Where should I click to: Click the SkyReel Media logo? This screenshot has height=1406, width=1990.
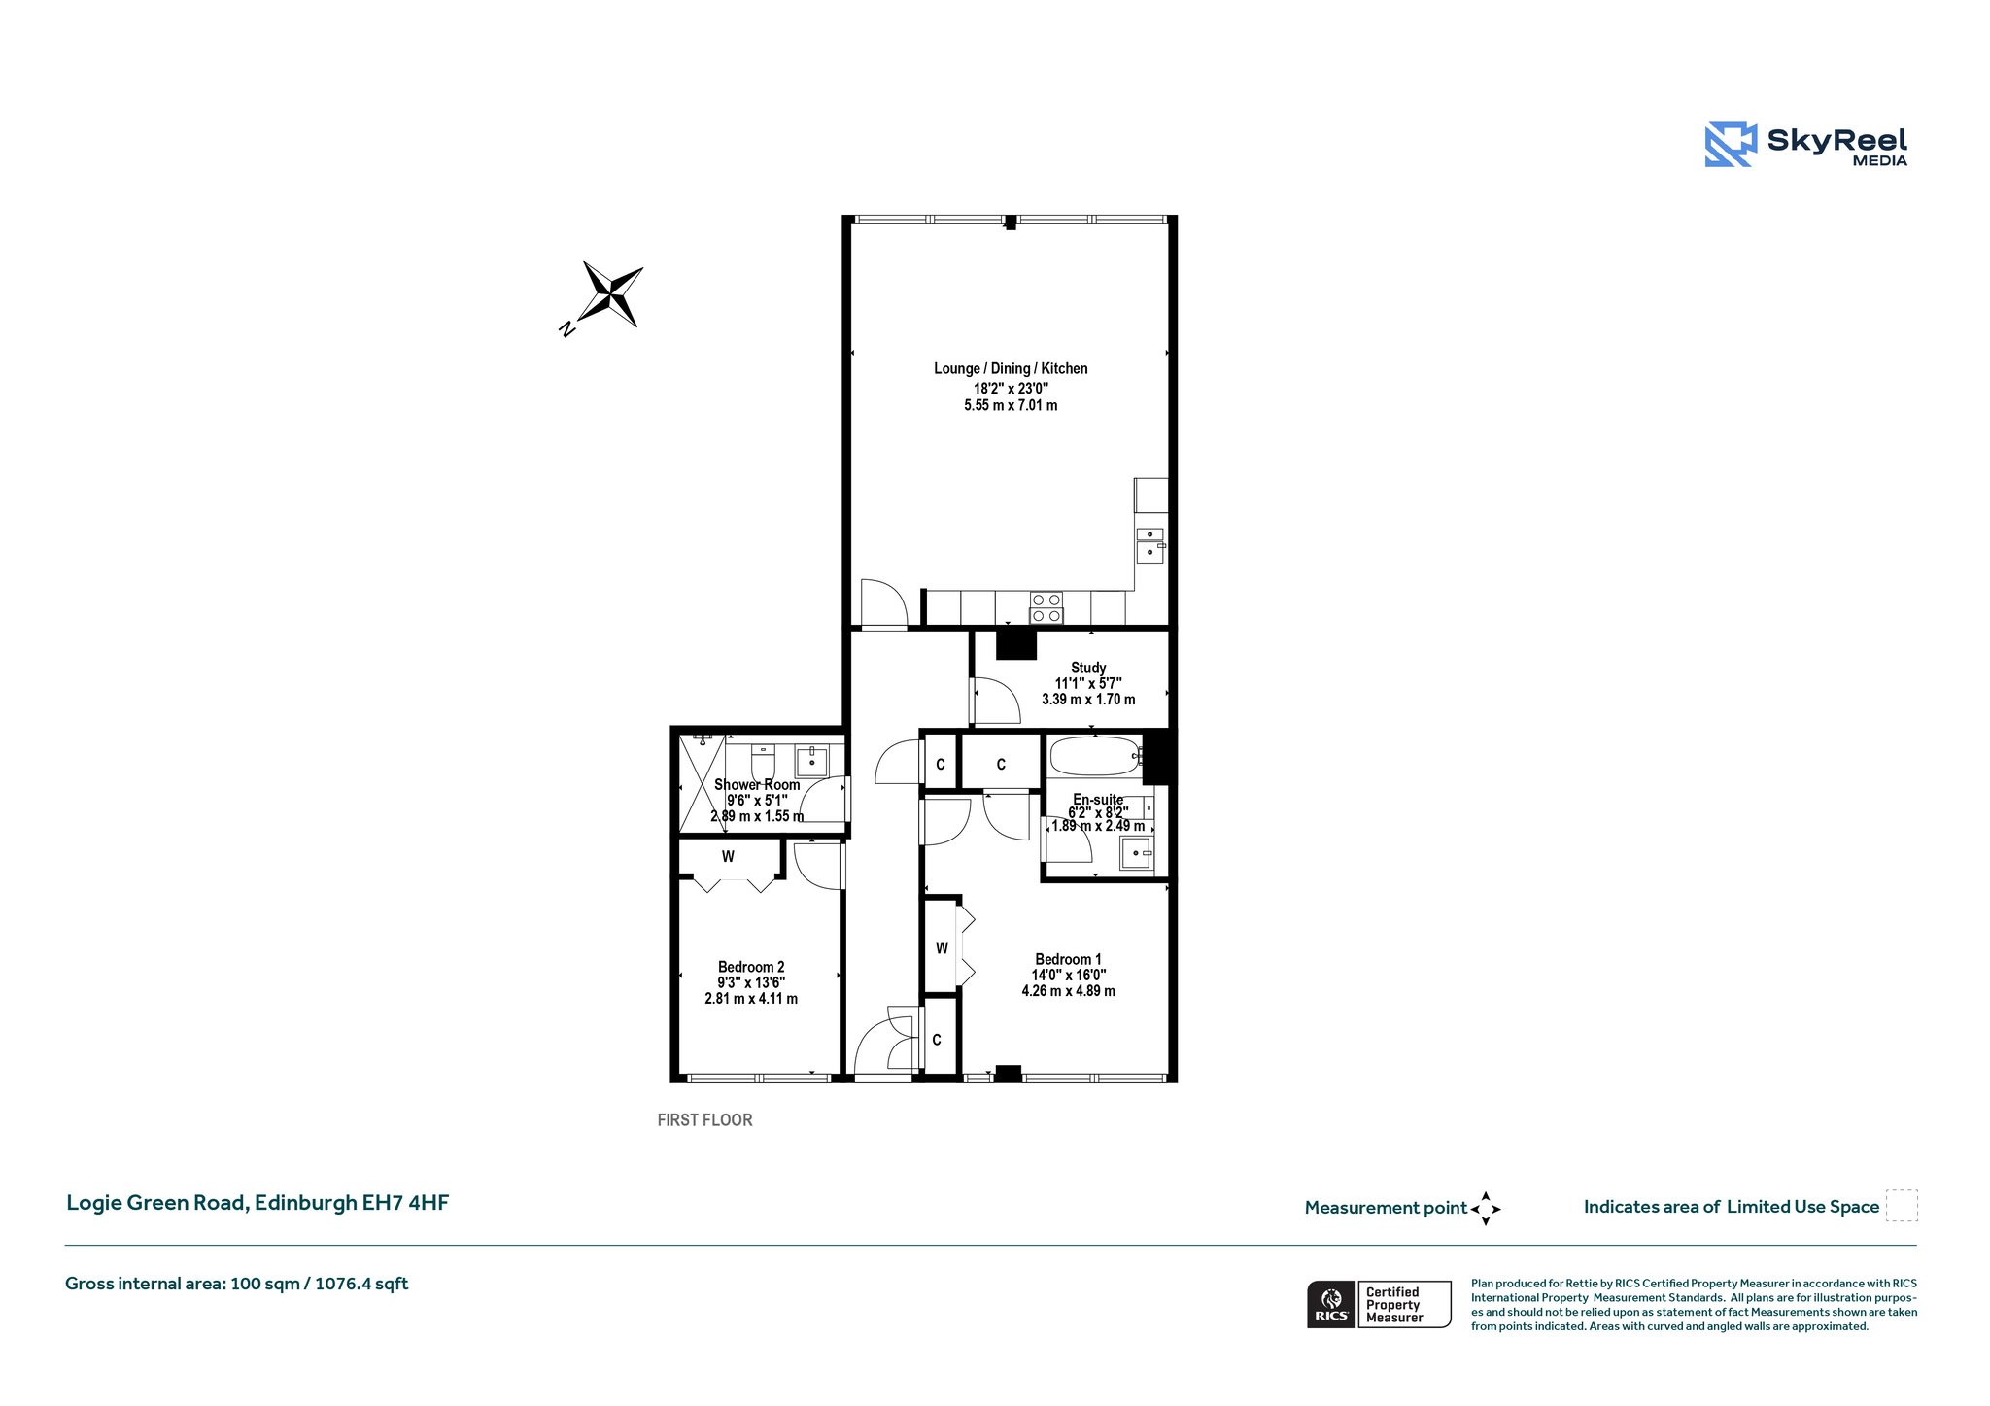pos(1806,145)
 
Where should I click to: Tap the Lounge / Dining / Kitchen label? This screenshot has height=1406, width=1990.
pos(1011,368)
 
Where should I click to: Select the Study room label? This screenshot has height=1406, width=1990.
pos(1088,668)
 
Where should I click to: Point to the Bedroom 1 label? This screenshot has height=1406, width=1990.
pos(1068,959)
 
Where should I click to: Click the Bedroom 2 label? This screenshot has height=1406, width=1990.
pos(751,967)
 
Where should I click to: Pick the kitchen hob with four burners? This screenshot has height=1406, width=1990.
pos(1046,608)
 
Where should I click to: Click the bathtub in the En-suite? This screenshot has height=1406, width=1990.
pos(1095,756)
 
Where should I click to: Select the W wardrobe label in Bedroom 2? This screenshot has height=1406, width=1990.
pos(728,857)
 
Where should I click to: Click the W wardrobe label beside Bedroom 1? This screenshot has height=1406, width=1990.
pos(942,948)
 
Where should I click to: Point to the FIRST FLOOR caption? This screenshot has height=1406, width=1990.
pos(704,1120)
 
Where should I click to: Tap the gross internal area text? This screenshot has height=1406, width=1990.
pos(236,1284)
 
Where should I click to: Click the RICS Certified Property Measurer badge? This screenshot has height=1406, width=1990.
pos(1379,1304)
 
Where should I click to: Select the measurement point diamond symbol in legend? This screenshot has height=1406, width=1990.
pos(1486,1209)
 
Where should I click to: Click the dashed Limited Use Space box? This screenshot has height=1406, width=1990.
pos(1902,1206)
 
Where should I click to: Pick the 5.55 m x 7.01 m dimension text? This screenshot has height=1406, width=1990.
pos(1011,405)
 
